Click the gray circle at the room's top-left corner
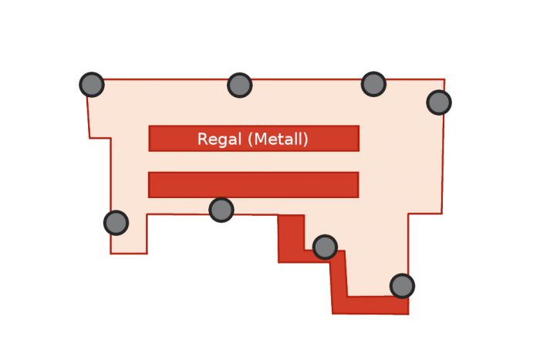[92, 84]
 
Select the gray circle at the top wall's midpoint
[240, 85]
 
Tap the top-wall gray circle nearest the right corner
[373, 84]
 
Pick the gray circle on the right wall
[439, 102]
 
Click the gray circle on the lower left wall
[116, 223]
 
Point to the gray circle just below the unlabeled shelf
[221, 209]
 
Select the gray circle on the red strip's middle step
[325, 247]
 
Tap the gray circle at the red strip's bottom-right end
[402, 286]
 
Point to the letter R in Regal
[203, 139]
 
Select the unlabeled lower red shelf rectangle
[253, 184]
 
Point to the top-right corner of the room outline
[444, 79]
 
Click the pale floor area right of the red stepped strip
[378, 254]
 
